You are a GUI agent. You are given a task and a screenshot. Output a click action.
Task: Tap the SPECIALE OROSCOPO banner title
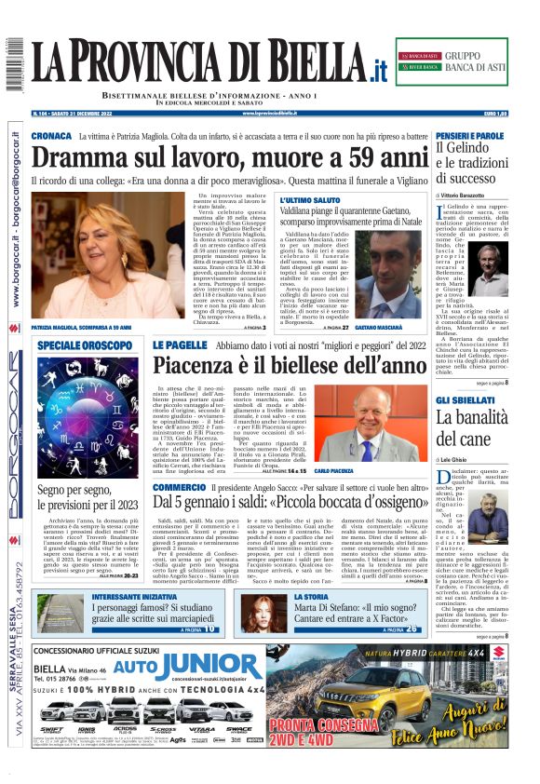pos(86,345)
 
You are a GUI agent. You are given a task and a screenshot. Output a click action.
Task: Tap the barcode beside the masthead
pos(14,66)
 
